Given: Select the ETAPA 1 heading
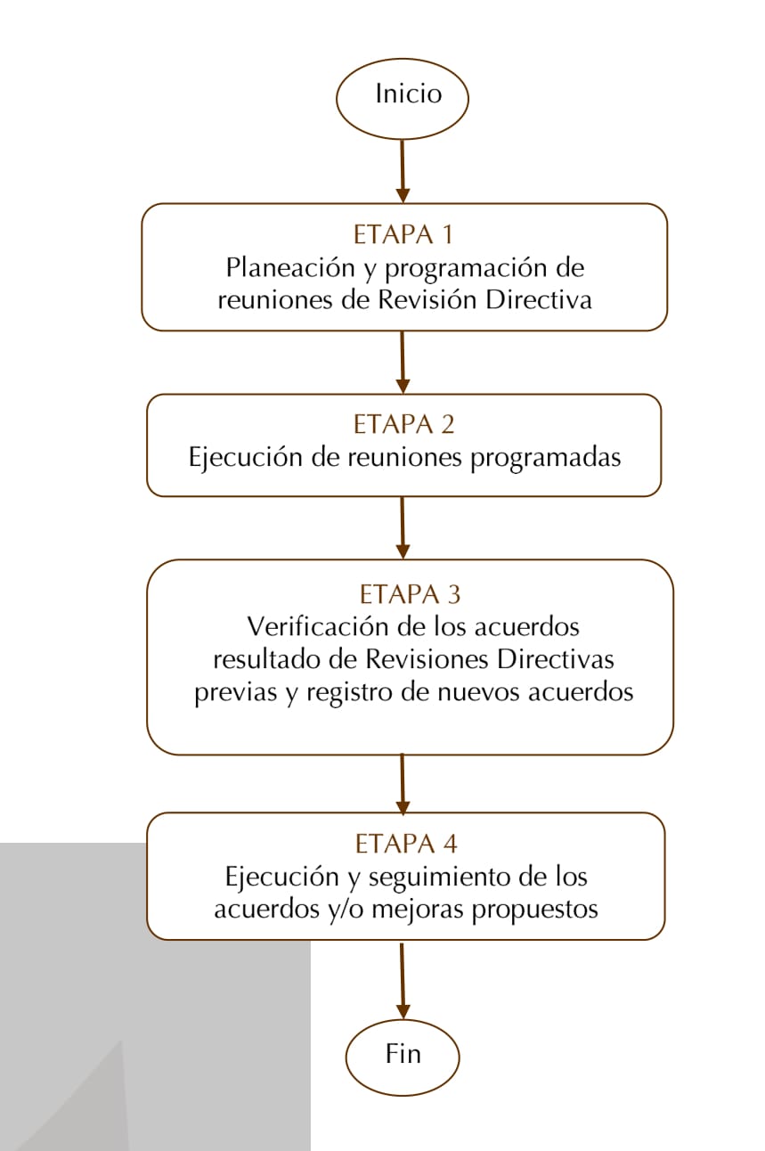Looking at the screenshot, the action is tap(403, 235).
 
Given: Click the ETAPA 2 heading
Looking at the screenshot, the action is tap(403, 424).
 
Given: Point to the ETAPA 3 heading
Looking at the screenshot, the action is tap(410, 594).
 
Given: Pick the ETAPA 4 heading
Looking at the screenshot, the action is tap(406, 845).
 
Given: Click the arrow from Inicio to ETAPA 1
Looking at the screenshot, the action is tap(403, 171).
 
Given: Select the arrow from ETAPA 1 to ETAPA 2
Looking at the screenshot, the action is tap(403, 363).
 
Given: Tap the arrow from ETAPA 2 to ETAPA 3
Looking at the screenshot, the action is tap(403, 527).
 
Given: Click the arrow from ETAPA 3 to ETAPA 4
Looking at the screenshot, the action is tap(403, 784).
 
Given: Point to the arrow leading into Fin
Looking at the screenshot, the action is tap(403, 980).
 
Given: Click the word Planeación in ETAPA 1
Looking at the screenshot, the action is tap(290, 268).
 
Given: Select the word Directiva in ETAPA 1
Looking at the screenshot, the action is tap(539, 300).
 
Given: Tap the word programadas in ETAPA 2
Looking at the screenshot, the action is tap(546, 458).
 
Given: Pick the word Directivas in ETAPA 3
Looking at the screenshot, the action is tap(556, 659).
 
